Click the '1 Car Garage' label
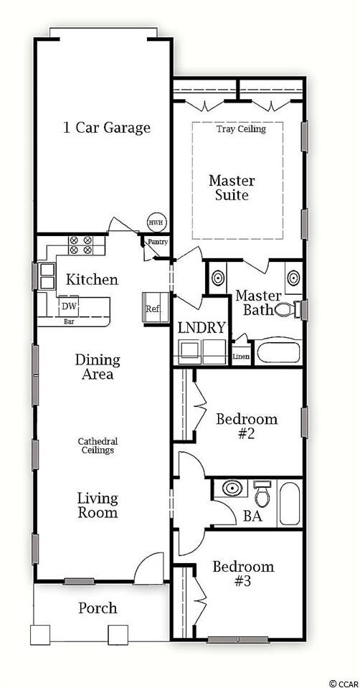106,128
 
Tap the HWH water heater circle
156,222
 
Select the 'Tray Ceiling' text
241,129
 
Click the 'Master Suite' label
232,187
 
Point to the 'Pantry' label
157,242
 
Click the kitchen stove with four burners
80,245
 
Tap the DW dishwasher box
69,306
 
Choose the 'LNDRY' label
202,329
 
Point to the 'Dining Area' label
98,367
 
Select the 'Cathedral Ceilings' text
98,446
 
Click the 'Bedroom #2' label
247,426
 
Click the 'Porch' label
98,608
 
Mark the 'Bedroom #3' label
243,574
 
